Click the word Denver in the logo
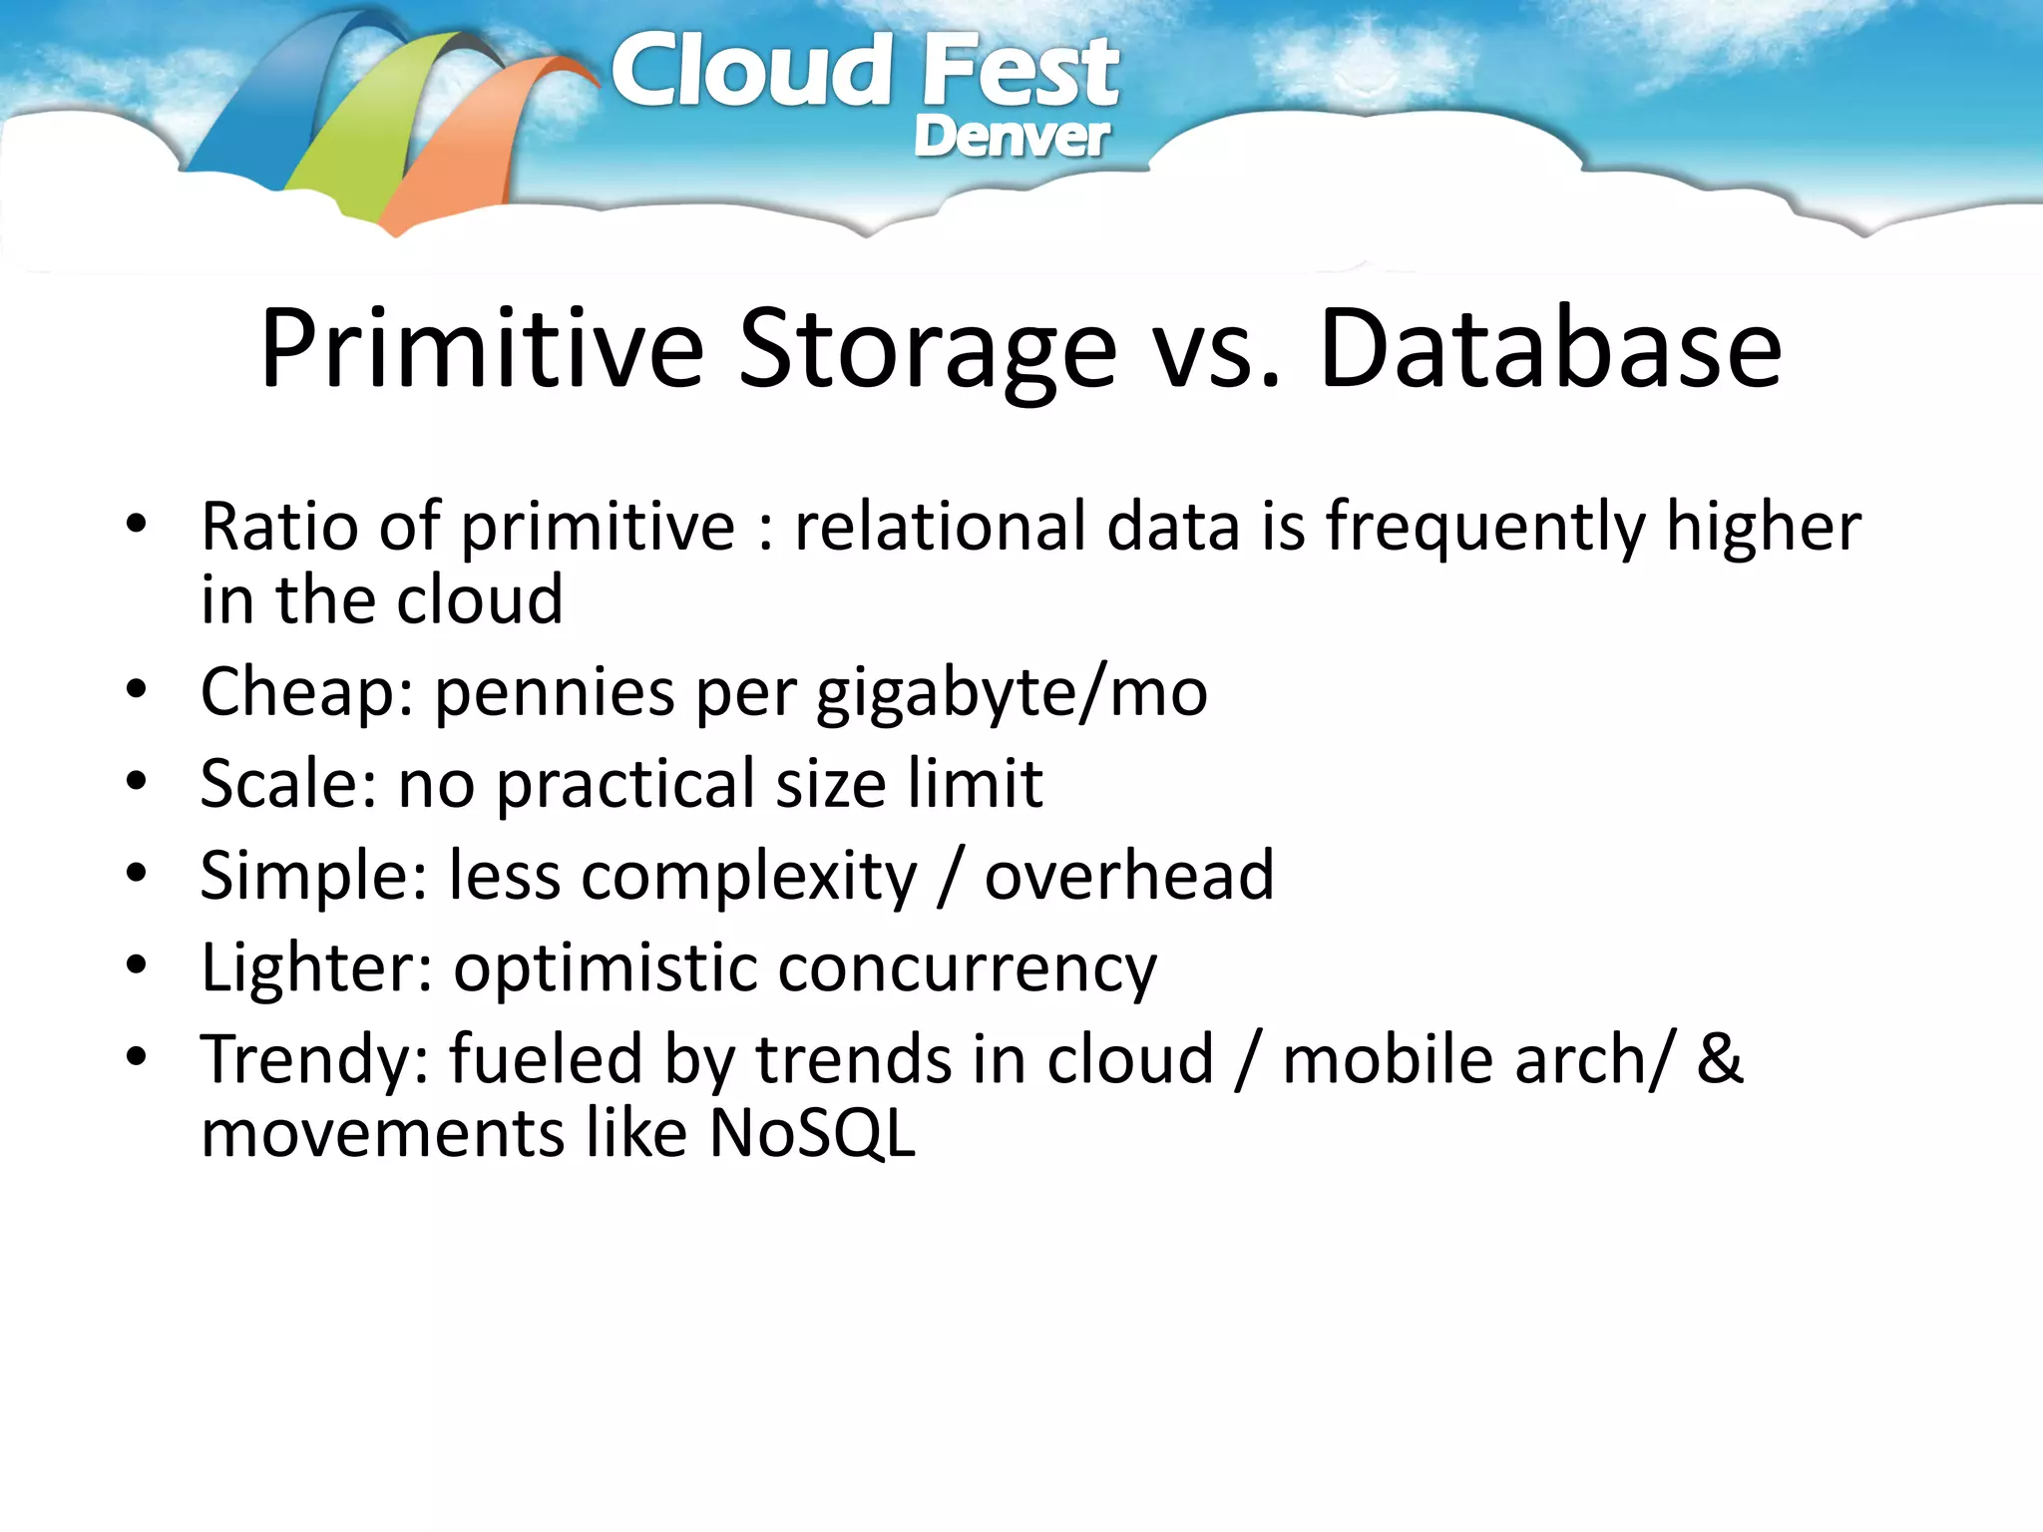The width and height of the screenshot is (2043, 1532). pos(1011,137)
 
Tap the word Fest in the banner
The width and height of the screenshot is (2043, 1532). pos(1020,72)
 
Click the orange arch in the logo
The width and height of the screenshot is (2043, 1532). pos(469,150)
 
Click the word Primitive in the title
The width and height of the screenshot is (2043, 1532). pos(482,349)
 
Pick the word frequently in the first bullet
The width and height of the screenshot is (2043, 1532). pos(1486,529)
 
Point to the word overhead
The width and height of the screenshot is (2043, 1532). pos(1129,876)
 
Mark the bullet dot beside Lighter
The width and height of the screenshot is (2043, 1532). pos(137,964)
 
